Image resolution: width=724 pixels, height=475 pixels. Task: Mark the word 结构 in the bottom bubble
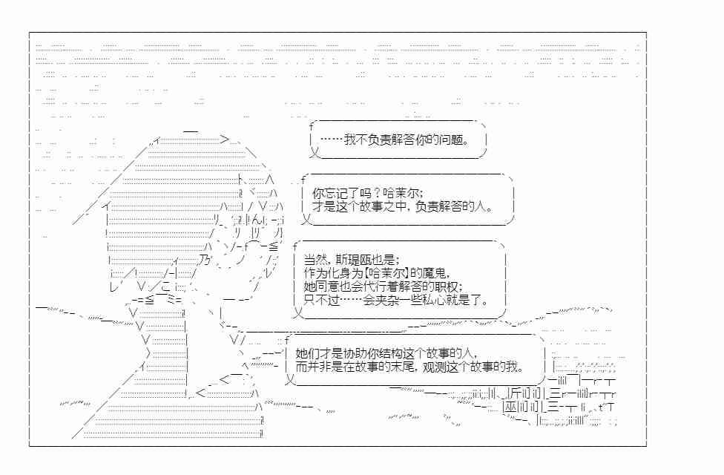(391, 353)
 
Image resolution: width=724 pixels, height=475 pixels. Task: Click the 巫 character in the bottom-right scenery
(510, 407)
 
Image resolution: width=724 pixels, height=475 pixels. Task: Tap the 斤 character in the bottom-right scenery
(516, 393)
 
